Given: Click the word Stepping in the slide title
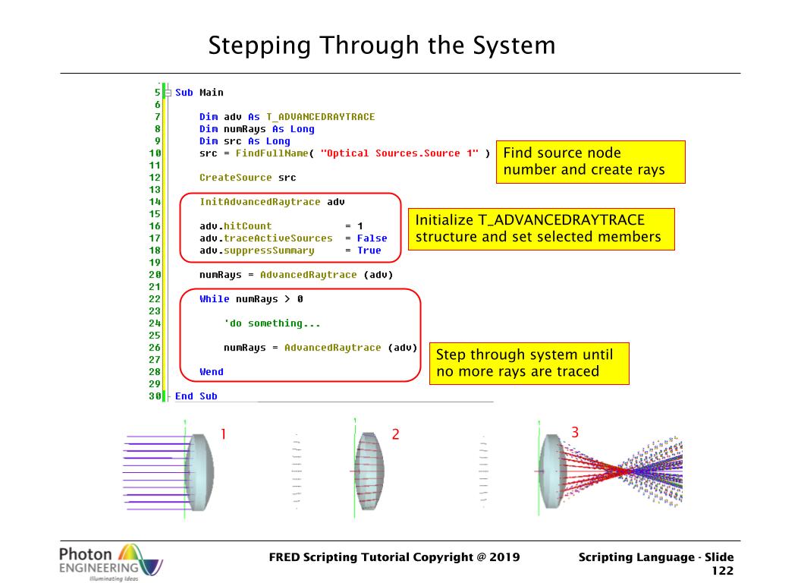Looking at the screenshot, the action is [259, 46].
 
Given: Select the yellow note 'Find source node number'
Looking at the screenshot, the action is [591, 162].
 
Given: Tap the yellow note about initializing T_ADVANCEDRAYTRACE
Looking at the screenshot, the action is [542, 229].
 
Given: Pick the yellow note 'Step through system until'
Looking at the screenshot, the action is [529, 363].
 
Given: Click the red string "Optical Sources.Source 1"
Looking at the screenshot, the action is [400, 153].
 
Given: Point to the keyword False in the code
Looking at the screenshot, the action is [372, 238].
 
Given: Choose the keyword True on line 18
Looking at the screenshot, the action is [369, 250].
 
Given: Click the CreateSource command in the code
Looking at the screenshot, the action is [235, 178].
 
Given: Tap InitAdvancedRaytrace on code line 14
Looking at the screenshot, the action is [260, 201].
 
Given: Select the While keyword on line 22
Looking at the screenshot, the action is [214, 298].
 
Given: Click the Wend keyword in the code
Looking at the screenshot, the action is [212, 372].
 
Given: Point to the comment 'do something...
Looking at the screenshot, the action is [272, 323].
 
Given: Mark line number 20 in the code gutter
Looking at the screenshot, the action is [155, 275].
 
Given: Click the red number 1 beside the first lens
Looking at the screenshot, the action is [223, 433].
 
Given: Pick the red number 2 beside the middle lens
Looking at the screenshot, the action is [395, 434].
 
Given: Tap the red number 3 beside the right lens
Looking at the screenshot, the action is [575, 432].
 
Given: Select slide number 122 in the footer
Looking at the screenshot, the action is [723, 571].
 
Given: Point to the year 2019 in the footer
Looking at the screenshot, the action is [504, 557].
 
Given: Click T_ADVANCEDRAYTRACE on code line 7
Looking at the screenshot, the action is [320, 117].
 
